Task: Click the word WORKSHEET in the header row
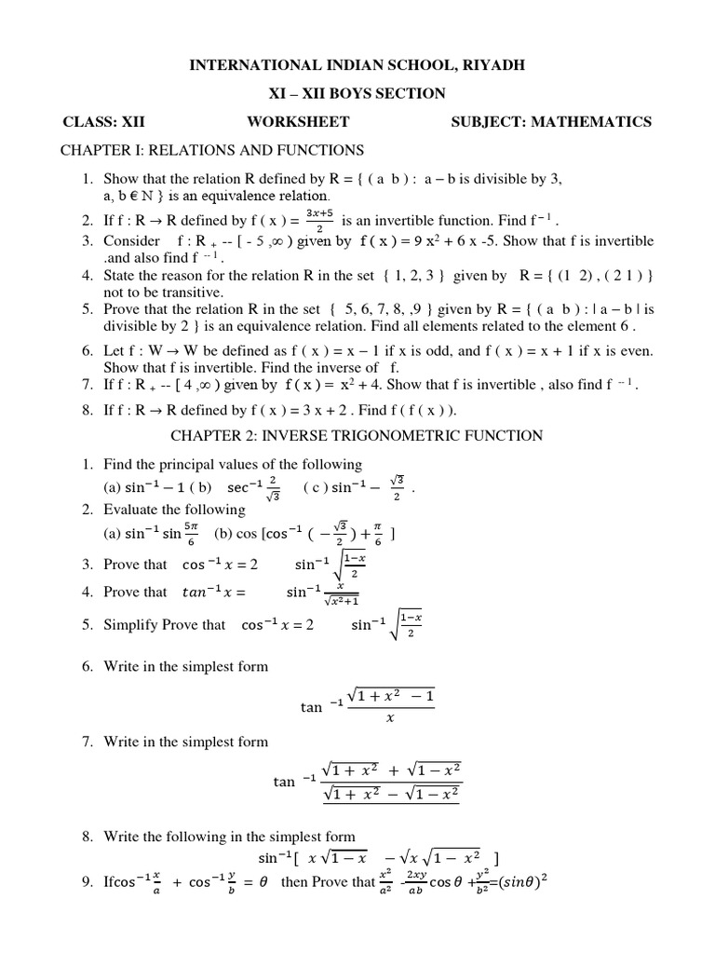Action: [x=298, y=121]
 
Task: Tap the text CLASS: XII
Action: [x=103, y=121]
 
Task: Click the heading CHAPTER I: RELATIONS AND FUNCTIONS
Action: [x=212, y=150]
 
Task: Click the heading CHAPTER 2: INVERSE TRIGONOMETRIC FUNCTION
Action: [x=357, y=435]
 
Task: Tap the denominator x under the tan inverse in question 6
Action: [x=390, y=718]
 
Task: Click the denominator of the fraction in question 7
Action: [x=391, y=795]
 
